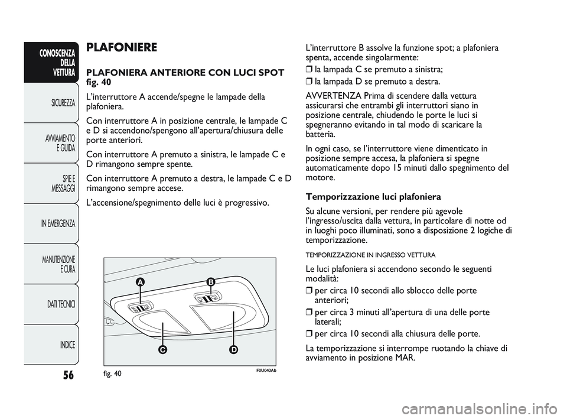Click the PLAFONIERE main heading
[122, 47]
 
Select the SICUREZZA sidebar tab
[61, 103]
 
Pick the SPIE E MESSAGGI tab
[63, 183]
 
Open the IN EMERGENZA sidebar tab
[58, 224]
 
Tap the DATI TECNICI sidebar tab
[60, 304]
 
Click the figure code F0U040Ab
[265, 371]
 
